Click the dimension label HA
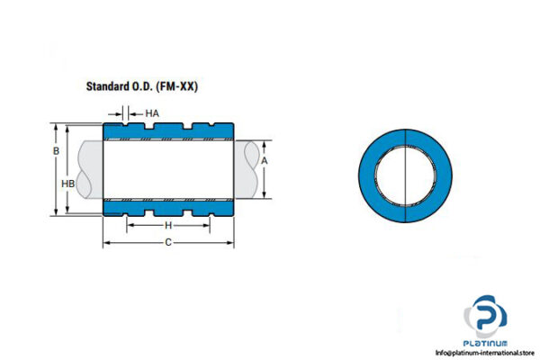152,113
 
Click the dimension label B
56,151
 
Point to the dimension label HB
67,184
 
